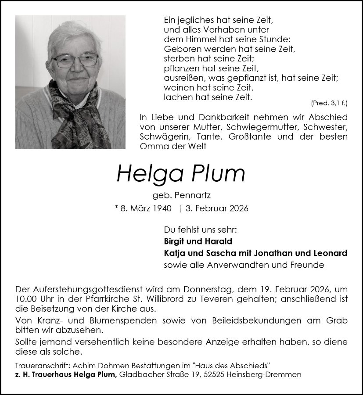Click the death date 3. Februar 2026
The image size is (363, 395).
[216, 208]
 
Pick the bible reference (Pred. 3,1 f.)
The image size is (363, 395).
[329, 103]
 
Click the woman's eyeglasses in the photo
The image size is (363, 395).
[76, 60]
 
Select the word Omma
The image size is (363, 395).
[152, 147]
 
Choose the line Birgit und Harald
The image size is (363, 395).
[198, 241]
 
